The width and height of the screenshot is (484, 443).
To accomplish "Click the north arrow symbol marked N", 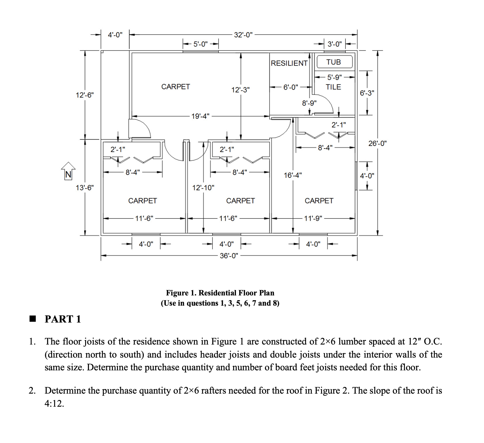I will (x=68, y=171).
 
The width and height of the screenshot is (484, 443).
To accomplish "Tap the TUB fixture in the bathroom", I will (x=334, y=62).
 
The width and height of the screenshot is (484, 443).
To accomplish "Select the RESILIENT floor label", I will (x=289, y=63).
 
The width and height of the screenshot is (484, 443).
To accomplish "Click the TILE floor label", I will (x=333, y=87).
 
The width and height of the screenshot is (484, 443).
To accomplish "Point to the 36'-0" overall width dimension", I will (x=229, y=256).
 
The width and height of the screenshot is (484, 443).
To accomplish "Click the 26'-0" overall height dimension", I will (x=377, y=143).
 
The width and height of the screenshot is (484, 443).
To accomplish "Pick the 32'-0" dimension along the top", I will (x=243, y=35).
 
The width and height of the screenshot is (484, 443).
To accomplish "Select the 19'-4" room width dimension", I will (x=200, y=116).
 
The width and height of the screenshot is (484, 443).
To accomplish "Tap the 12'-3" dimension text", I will (x=240, y=90).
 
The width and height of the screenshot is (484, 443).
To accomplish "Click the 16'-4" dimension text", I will (x=293, y=175).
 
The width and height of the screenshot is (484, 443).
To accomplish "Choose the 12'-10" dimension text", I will (x=203, y=188).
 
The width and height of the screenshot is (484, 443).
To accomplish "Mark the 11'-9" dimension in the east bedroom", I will (x=313, y=218).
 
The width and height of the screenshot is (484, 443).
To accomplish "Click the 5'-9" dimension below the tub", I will (x=334, y=77).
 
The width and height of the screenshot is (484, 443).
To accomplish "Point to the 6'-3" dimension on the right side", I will (x=367, y=93).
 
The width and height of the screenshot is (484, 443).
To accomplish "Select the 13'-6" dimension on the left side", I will (x=85, y=188).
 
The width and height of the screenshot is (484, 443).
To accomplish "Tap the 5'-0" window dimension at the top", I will (x=201, y=44).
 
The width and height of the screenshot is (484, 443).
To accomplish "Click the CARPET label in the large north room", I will (x=175, y=87).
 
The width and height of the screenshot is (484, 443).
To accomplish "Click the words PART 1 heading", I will (x=62, y=319).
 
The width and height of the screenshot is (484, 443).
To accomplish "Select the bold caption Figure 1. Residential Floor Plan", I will (x=220, y=293).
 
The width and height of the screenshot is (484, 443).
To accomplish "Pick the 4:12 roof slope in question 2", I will (x=54, y=403).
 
